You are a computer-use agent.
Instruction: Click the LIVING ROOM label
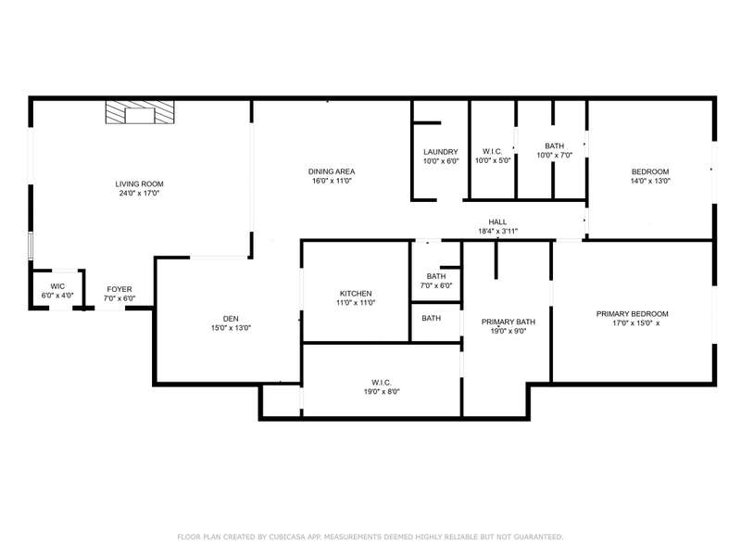(x=140, y=183)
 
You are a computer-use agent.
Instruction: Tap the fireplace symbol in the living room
(x=140, y=112)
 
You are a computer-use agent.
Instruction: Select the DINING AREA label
(x=332, y=171)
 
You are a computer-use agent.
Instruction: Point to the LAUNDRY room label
(x=441, y=152)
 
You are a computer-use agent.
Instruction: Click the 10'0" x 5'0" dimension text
(x=493, y=160)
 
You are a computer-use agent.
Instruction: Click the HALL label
(x=497, y=221)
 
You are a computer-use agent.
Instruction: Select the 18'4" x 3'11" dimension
(x=498, y=231)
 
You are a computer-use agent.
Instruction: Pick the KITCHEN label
(x=356, y=294)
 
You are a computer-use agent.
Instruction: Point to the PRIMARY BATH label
(x=509, y=322)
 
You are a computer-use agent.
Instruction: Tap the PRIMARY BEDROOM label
(x=633, y=314)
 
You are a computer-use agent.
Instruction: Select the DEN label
(x=231, y=319)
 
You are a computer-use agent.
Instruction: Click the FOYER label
(x=119, y=289)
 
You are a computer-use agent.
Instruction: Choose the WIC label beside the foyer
(x=57, y=286)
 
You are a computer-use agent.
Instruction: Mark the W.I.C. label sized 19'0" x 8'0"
(x=382, y=383)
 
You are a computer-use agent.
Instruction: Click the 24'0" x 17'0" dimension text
(x=140, y=193)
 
